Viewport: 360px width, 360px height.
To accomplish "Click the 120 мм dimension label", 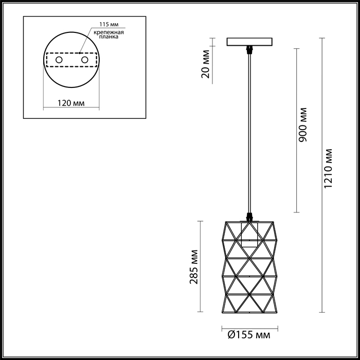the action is [x=71, y=103].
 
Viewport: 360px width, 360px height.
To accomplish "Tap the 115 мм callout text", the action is [x=109, y=25].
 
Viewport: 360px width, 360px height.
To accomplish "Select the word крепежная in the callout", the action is [x=109, y=32].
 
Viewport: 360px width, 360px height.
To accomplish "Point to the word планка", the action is [x=109, y=37].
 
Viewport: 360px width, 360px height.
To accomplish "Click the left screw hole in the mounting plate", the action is [x=59, y=60].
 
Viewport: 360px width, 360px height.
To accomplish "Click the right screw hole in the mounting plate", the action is [x=85, y=60].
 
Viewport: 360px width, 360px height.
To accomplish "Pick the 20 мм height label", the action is [x=206, y=64].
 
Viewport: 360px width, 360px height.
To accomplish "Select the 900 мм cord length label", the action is [x=302, y=124].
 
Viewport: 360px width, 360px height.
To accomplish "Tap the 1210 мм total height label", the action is [x=328, y=169].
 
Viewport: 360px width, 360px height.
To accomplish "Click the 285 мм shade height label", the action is [x=194, y=267].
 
